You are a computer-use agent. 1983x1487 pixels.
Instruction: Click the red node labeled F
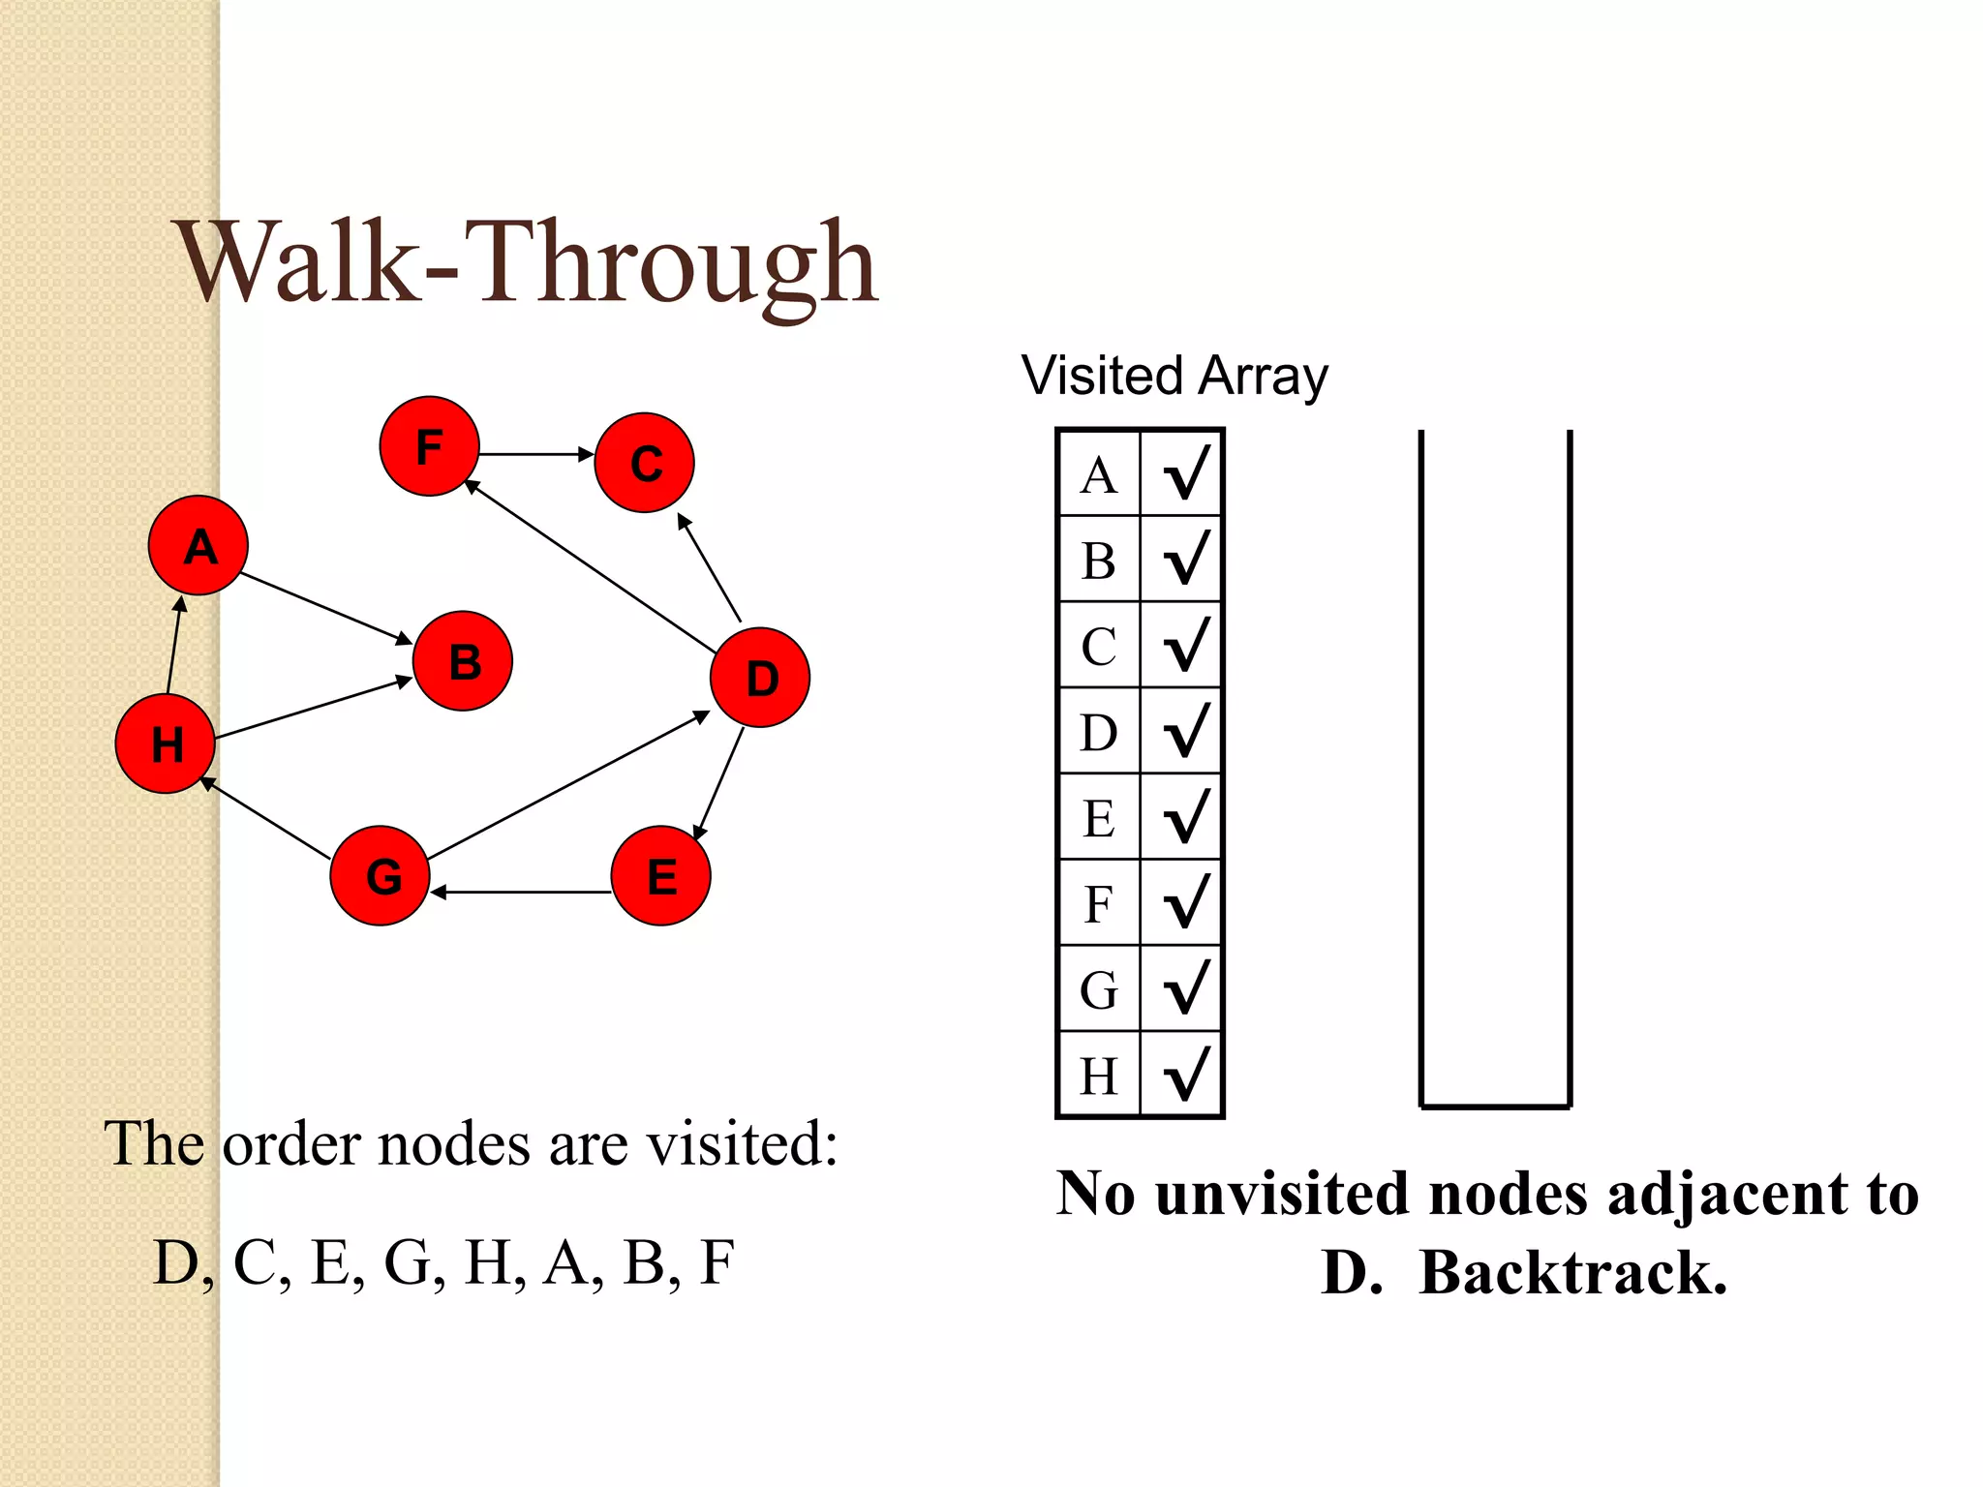point(429,446)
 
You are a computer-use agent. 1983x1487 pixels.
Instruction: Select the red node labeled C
point(644,463)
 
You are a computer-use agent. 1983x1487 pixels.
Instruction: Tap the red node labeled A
point(198,545)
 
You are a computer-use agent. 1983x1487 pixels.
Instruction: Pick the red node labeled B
point(463,661)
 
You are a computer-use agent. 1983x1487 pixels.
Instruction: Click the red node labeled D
point(760,678)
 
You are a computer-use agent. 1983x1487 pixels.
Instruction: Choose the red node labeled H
point(166,743)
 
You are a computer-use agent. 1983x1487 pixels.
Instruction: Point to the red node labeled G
point(381,875)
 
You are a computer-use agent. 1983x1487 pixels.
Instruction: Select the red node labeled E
point(660,875)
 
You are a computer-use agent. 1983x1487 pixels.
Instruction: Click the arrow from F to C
point(535,454)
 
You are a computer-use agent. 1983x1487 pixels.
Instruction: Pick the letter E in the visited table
point(1098,819)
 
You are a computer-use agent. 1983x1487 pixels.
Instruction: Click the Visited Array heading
point(1175,376)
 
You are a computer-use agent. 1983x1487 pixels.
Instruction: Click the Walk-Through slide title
point(528,263)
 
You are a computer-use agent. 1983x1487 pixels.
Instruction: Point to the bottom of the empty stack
point(1495,1105)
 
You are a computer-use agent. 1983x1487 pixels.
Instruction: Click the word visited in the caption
point(741,1144)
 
